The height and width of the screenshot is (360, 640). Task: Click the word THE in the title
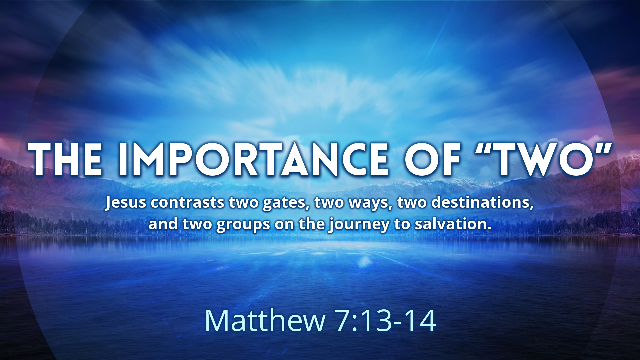pos(65,159)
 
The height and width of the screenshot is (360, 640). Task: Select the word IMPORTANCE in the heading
pos(253,159)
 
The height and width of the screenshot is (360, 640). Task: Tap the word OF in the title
pos(433,159)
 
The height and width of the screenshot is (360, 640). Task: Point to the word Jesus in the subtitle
pos(126,203)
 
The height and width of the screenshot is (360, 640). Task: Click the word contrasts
pos(187,203)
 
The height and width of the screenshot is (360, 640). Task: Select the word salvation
pos(453,224)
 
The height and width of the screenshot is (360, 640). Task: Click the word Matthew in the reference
pos(265,320)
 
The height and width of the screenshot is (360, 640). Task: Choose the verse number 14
pos(420,320)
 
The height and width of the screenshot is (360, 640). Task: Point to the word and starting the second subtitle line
pos(163,224)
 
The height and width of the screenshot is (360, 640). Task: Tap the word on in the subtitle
pos(284,226)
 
